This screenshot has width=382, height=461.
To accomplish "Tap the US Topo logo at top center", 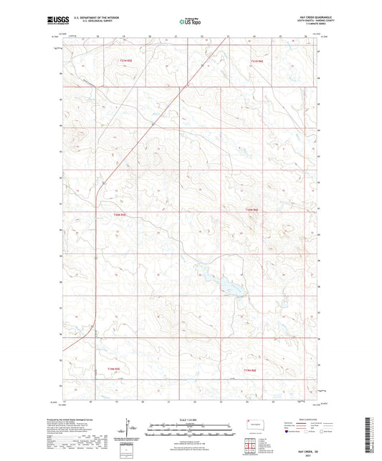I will click(190, 22).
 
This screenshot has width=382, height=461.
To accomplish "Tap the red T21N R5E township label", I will click(126, 62).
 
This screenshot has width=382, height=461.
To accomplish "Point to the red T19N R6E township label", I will click(248, 369).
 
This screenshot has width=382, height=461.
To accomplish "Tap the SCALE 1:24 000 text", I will click(190, 419).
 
